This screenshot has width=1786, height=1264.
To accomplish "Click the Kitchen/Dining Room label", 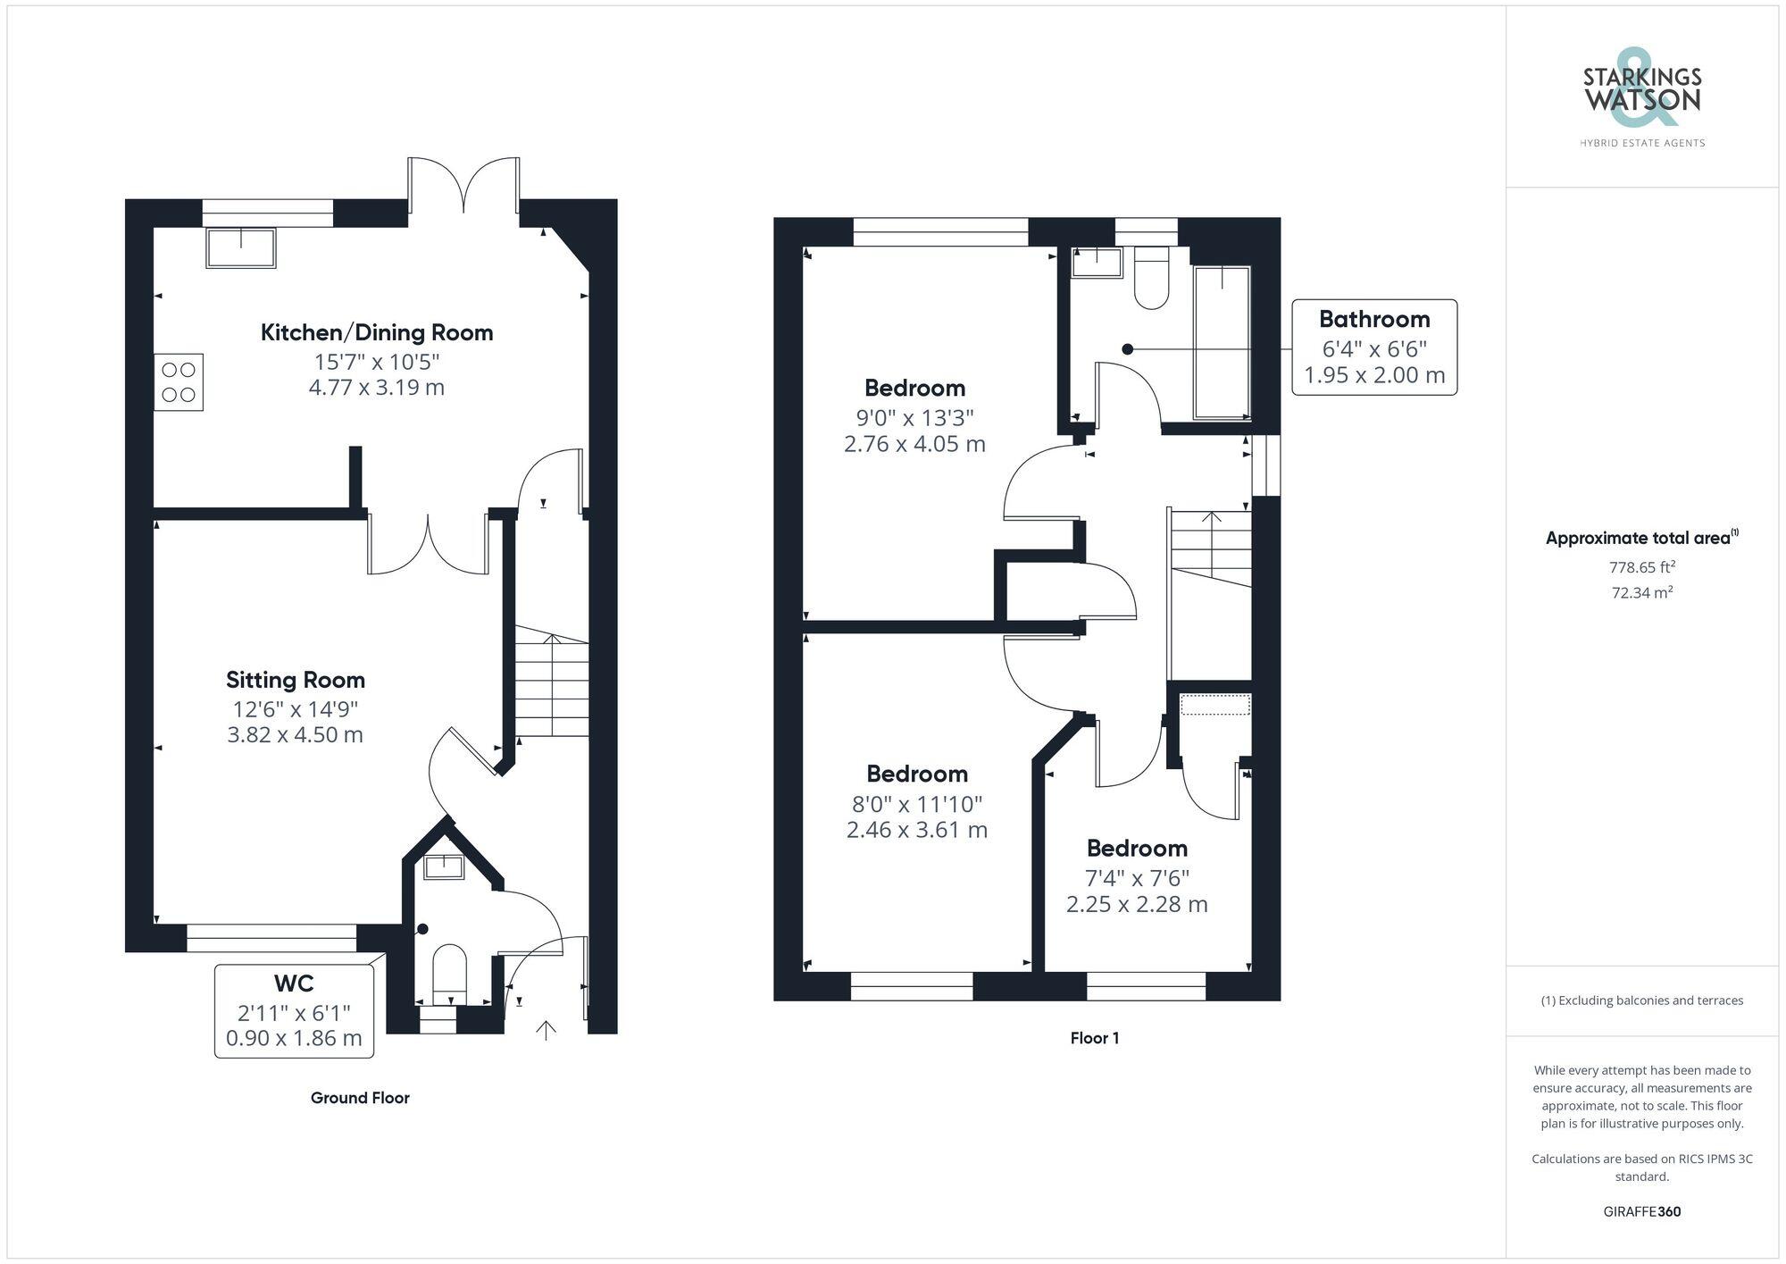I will [x=376, y=333].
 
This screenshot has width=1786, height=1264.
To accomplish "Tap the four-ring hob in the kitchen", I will [x=179, y=382].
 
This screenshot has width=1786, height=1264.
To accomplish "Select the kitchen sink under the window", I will [x=241, y=248].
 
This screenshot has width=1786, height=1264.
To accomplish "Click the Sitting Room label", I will [x=295, y=681].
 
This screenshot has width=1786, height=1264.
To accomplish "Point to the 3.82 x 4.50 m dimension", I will [x=295, y=735].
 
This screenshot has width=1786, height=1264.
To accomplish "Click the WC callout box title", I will [x=294, y=984].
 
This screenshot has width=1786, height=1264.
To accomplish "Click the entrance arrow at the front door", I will [x=546, y=1030].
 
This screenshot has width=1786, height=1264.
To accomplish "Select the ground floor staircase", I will [x=552, y=686].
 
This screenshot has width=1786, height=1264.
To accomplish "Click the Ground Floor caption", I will [x=360, y=1098].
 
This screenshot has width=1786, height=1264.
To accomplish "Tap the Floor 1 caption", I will [x=1094, y=1038].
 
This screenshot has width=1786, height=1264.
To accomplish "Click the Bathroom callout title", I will [x=1373, y=320].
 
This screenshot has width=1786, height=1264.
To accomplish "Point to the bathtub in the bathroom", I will [x=1222, y=342].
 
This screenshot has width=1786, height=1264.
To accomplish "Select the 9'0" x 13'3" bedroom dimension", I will [x=914, y=417].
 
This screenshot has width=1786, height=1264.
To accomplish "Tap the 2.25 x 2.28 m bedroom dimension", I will [x=1136, y=905].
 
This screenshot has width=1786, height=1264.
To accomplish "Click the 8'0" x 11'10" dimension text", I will [x=916, y=803].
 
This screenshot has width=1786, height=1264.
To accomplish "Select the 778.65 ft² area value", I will [x=1641, y=567].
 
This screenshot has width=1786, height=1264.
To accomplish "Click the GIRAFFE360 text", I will [x=1641, y=1212].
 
